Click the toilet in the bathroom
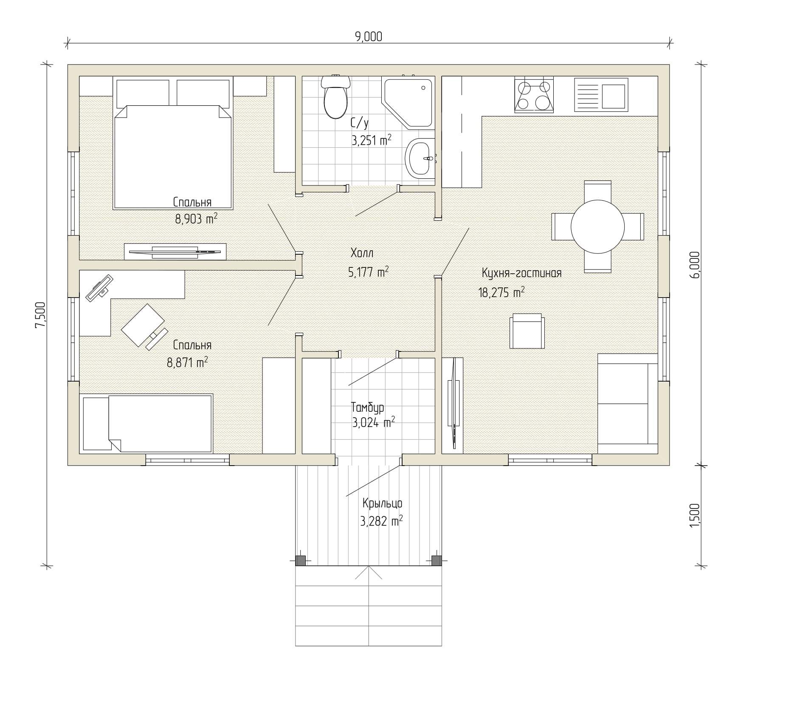(x=335, y=96)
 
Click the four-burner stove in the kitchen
(x=534, y=95)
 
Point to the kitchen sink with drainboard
(x=601, y=94)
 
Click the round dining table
(x=597, y=227)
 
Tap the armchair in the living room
(x=527, y=331)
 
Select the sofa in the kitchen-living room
(x=628, y=404)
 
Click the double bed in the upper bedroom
(x=173, y=143)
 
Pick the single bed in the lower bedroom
(x=146, y=424)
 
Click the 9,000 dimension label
(x=369, y=37)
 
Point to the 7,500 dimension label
(x=40, y=315)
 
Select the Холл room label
(x=362, y=253)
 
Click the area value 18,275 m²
(x=501, y=292)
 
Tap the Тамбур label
(x=368, y=407)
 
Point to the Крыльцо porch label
(x=382, y=504)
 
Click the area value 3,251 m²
(x=371, y=140)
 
